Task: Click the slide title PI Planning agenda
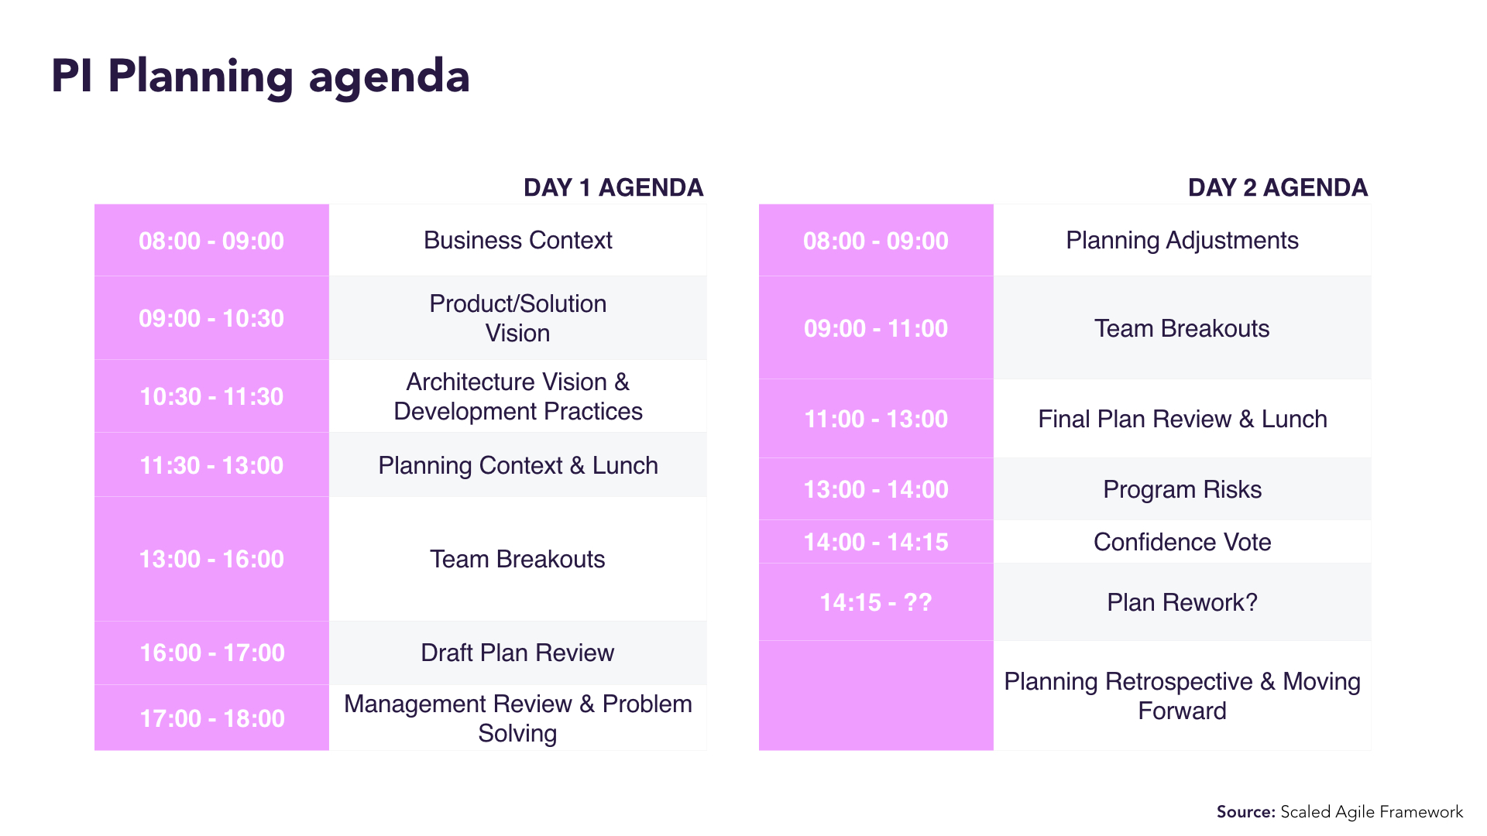click(260, 77)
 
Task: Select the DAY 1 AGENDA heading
click(613, 187)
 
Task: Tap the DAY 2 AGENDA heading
click(1278, 187)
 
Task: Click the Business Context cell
click(517, 241)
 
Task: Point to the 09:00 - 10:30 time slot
click(211, 318)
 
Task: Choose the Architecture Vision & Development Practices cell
click(517, 396)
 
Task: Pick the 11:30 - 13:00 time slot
click(211, 465)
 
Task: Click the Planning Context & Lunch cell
click(517, 465)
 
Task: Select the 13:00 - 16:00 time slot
click(211, 559)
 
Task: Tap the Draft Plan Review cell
click(517, 653)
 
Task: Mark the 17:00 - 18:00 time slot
click(211, 718)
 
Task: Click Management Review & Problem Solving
click(517, 718)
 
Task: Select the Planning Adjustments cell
click(1182, 241)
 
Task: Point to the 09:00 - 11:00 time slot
click(876, 328)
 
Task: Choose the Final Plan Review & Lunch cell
click(1182, 419)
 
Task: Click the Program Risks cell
click(1182, 489)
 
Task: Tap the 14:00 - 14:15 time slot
click(876, 542)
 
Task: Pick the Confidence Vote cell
click(1182, 542)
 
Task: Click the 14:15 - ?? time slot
click(876, 602)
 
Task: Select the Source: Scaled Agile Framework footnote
click(1339, 812)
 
